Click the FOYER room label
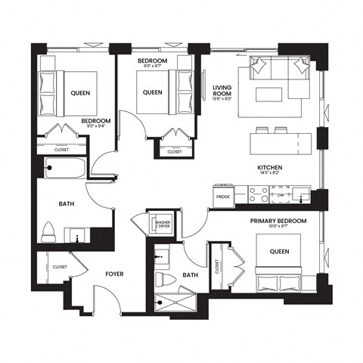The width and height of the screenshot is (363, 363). (114, 274)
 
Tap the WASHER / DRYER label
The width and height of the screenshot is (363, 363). (162, 225)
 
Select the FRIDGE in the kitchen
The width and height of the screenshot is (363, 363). (223, 197)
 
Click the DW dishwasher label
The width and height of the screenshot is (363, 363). (279, 196)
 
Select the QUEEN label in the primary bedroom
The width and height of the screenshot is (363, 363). (278, 252)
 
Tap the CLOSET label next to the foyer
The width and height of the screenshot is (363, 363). (60, 266)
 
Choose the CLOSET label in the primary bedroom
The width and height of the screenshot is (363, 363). (217, 265)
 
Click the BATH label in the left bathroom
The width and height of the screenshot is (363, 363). (67, 203)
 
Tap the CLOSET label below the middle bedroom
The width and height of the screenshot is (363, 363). (174, 151)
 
